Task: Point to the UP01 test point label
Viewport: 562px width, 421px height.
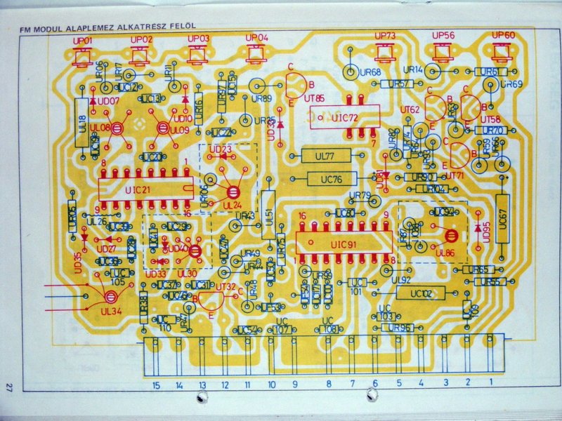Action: pos(83,41)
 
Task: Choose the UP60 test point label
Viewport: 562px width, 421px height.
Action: pos(504,35)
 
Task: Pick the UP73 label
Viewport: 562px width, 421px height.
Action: pos(386,35)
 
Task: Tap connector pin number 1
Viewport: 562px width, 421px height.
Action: pos(490,383)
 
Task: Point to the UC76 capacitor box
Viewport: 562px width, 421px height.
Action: pos(329,179)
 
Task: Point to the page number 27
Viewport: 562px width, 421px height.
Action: pos(9,387)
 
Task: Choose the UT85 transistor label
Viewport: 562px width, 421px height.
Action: pos(314,100)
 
